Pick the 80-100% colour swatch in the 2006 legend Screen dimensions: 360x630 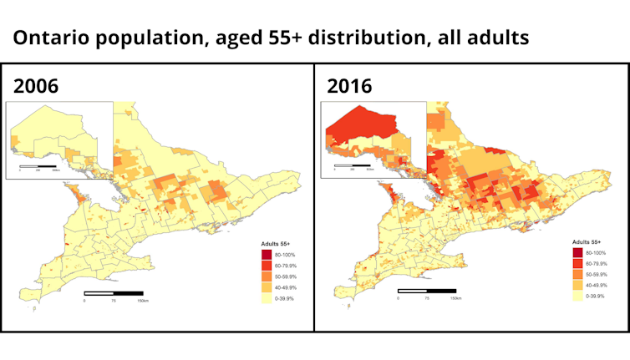267,254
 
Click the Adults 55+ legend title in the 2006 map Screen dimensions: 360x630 275,243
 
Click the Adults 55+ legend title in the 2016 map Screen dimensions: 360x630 588,241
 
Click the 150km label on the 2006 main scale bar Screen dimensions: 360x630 144,301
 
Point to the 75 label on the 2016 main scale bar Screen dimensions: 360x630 427,298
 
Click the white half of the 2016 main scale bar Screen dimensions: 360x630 413,291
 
